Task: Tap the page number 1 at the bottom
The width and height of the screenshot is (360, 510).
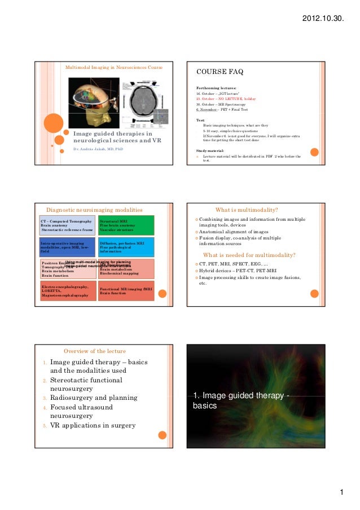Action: click(x=341, y=492)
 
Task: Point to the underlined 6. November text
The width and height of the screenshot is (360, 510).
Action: click(x=207, y=110)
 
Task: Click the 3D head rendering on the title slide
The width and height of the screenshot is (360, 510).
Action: click(x=93, y=102)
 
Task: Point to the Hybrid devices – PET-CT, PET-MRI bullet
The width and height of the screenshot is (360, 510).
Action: click(x=251, y=271)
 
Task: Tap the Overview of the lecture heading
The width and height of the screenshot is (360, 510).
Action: click(x=94, y=351)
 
